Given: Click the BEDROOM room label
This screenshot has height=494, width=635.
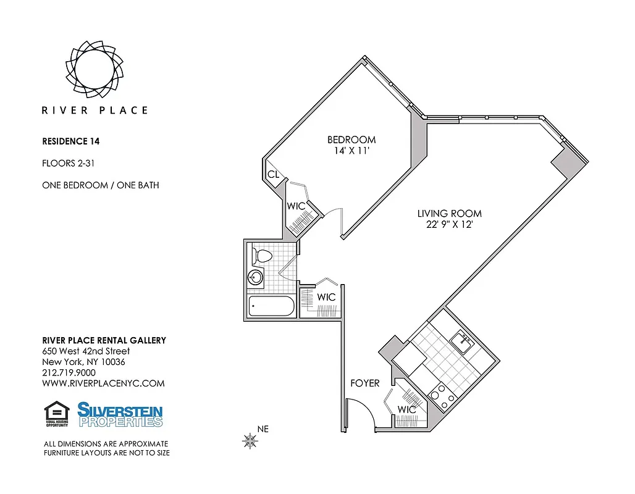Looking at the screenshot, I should [x=351, y=140].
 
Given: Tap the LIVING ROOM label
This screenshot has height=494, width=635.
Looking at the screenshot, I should [x=449, y=214].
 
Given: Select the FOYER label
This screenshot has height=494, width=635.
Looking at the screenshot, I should [x=364, y=383].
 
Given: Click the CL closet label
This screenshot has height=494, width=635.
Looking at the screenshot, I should [x=273, y=175].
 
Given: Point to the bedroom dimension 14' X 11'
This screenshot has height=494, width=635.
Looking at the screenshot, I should [x=351, y=151].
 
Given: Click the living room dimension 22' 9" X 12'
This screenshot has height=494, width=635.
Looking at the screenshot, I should [x=449, y=225].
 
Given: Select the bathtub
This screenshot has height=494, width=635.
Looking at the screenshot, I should [x=272, y=306].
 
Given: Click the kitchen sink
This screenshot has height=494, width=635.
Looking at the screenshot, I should [x=460, y=340].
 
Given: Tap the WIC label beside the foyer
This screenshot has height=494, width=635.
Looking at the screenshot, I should [x=406, y=409].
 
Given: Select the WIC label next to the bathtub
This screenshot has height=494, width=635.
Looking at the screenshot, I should [x=326, y=297].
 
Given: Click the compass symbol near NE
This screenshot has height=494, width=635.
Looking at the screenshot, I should [x=250, y=440].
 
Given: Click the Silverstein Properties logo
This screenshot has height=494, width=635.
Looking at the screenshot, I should [x=120, y=414].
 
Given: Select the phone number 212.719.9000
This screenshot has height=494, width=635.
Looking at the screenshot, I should [x=69, y=372].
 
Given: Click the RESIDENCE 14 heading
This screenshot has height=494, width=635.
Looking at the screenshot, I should [x=70, y=141].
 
